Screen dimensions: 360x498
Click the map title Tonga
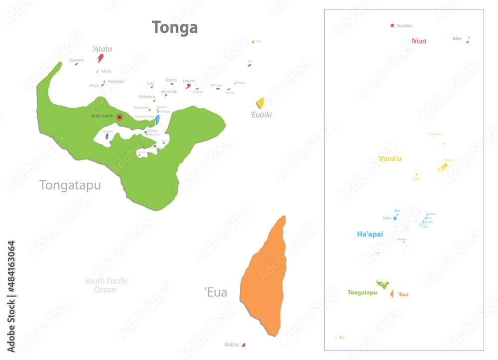coord(175,27)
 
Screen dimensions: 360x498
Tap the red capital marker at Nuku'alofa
coord(119,117)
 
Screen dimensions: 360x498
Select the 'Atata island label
coord(102,49)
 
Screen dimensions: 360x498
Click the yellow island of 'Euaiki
coord(260,103)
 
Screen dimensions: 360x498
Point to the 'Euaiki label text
coord(261,115)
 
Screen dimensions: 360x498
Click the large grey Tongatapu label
coord(70,186)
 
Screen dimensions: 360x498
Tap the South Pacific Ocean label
coord(106,285)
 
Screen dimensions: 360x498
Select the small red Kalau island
coord(244,345)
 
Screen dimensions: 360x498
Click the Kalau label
coord(232,344)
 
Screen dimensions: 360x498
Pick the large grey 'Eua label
coord(216,292)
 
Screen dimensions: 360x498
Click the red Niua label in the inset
coord(419,41)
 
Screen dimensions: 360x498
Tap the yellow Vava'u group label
coord(390,158)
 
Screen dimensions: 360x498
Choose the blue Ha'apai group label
coord(370,234)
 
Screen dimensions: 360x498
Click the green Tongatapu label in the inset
coord(362,292)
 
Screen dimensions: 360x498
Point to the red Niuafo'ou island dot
coord(392,25)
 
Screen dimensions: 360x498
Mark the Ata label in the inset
coord(342,338)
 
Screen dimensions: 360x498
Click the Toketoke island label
coord(77,60)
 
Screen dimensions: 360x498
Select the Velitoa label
coord(171,80)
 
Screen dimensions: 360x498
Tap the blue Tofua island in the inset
coord(395,218)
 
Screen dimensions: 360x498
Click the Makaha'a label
coord(147,97)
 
